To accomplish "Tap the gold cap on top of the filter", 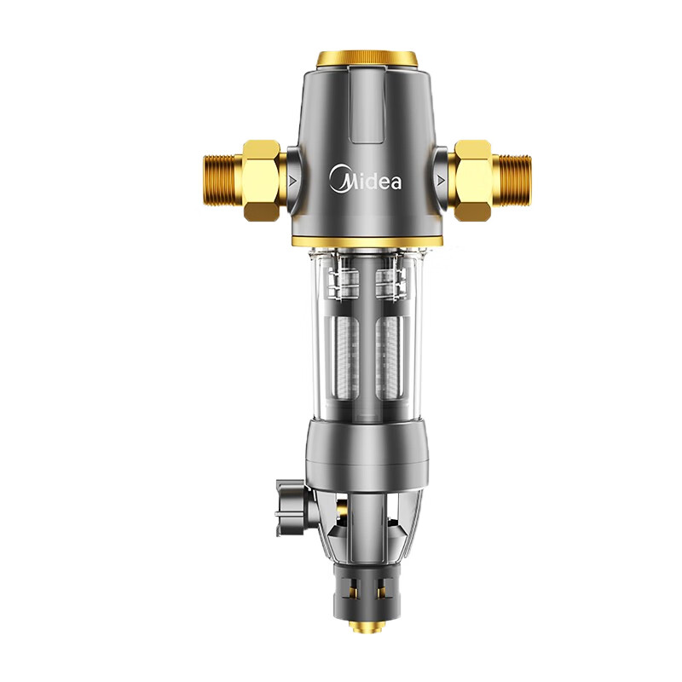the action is [367, 59].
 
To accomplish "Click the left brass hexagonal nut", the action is [261, 180].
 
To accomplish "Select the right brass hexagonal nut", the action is [473, 180].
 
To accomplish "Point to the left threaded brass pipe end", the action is [223, 180].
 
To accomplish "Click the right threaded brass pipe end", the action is [511, 180].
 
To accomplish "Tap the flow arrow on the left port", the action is [292, 180].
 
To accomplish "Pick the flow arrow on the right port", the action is [441, 180].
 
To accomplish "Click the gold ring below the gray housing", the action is [367, 242].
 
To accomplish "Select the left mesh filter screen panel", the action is [347, 358].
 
